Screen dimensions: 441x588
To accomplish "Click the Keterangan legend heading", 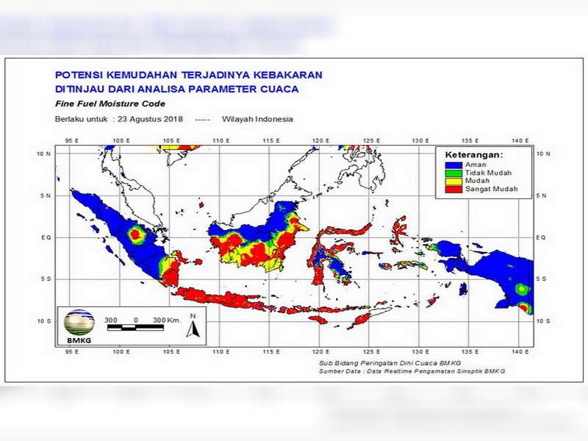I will (x=474, y=155).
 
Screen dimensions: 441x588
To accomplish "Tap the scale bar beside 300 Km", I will (x=136, y=328).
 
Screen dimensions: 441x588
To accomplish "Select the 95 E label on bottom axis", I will (x=72, y=353).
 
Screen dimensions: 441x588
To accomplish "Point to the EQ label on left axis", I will (x=46, y=238).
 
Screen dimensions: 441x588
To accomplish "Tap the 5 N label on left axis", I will (x=46, y=196).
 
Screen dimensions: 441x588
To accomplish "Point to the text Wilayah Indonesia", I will (x=258, y=119).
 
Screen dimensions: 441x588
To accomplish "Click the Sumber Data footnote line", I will (x=412, y=371).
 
